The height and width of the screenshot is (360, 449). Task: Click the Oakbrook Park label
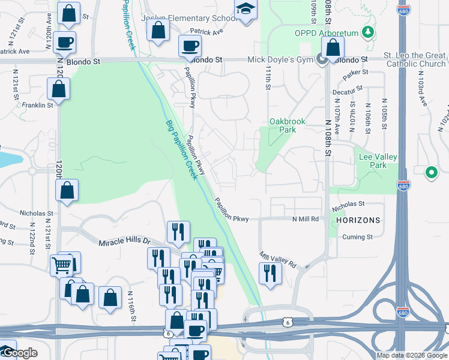click(x=288, y=125)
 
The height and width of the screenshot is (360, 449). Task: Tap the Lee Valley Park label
click(x=378, y=161)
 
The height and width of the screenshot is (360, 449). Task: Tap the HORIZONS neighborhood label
click(x=359, y=220)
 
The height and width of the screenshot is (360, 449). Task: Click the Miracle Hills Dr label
click(x=124, y=241)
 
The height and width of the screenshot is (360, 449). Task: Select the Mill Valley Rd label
click(x=279, y=259)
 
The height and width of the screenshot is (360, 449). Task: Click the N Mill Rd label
click(x=306, y=220)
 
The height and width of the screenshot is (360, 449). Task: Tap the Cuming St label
click(x=362, y=237)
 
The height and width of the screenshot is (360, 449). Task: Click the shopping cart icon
click(x=62, y=265)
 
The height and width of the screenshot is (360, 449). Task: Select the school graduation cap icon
click(x=246, y=10)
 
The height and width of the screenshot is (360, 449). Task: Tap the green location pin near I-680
click(x=431, y=173)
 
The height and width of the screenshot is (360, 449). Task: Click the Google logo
click(x=19, y=353)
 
